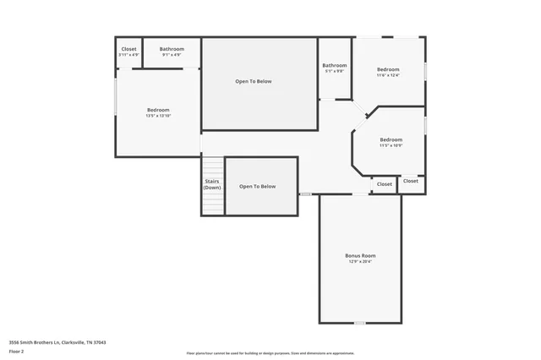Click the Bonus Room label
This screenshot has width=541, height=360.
click(360, 255)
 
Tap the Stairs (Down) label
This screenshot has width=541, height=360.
click(212, 184)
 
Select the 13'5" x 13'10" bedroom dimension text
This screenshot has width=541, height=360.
click(158, 116)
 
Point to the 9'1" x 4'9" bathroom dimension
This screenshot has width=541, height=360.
click(172, 56)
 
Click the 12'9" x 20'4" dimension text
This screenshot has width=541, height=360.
click(360, 262)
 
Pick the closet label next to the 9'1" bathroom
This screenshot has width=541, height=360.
click(128, 49)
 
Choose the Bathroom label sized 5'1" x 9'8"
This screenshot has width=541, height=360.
click(334, 65)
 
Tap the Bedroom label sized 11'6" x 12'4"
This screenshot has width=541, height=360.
click(388, 68)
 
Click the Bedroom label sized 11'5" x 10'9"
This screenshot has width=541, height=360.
click(391, 139)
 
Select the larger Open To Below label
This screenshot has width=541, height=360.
click(254, 81)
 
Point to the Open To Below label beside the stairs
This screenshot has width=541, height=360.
click(257, 186)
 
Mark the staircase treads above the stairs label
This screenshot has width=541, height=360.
click(212, 167)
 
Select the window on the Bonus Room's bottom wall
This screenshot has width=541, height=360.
click(360, 323)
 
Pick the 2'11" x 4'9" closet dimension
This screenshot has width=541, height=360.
click(128, 56)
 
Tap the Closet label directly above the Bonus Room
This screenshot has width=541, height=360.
click(385, 183)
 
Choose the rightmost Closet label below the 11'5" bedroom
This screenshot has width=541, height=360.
click(411, 181)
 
